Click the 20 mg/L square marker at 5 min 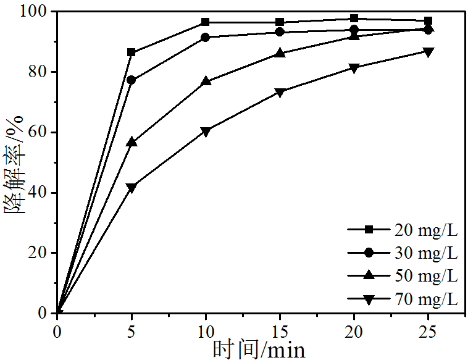pyautogui.click(x=132, y=52)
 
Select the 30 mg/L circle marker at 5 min pyautogui.click(x=132, y=80)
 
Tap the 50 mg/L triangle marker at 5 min pyautogui.click(x=132, y=142)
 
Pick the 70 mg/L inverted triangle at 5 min pyautogui.click(x=132, y=187)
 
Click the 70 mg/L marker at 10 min pyautogui.click(x=206, y=132)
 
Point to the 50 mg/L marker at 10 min pyautogui.click(x=206, y=81)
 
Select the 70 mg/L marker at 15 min pyautogui.click(x=280, y=93)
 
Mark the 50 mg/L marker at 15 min pyautogui.click(x=280, y=53)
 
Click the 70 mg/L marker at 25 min pyautogui.click(x=428, y=52)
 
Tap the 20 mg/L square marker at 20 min pyautogui.click(x=354, y=19)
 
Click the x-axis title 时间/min pyautogui.click(x=259, y=350)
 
